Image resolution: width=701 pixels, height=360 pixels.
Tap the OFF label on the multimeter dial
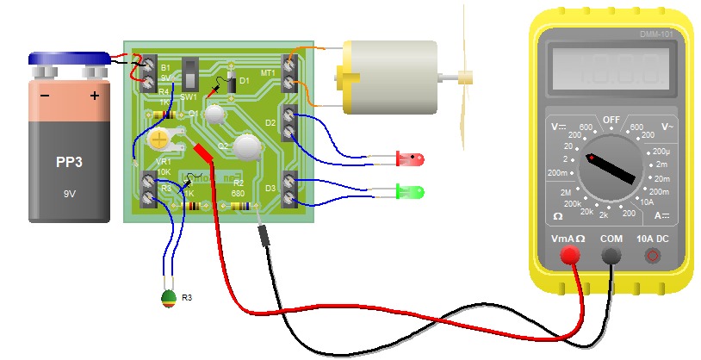[x=611, y=119]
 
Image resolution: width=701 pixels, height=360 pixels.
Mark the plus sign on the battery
[x=95, y=96]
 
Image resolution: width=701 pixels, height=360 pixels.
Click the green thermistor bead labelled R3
[x=169, y=299]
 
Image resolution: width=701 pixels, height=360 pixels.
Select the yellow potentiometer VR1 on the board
[x=159, y=138]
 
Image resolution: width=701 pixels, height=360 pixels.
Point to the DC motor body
[x=388, y=77]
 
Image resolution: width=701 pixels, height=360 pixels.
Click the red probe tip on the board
[x=204, y=152]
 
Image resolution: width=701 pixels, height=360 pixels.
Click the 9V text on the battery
[x=70, y=195]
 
